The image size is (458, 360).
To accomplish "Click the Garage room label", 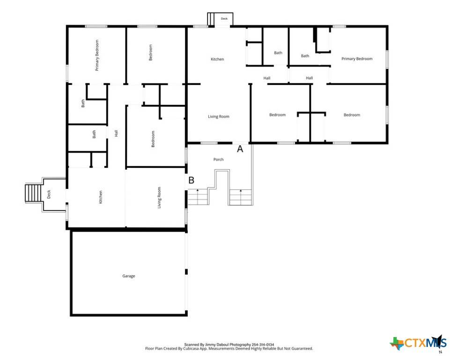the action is click(128, 276).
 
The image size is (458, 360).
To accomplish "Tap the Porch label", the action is click(219, 159).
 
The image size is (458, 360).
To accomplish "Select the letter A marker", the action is click(240, 149).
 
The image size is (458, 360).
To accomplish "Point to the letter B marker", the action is click(192, 180).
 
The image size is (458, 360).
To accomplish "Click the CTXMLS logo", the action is click(418, 343).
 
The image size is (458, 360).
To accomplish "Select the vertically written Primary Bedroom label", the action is click(97, 55).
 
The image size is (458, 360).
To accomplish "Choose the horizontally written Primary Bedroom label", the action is click(357, 59).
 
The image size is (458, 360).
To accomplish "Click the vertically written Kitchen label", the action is click(101, 197).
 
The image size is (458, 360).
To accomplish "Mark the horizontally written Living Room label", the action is click(219, 116).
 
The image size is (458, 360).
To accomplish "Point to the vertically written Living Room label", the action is click(159, 198).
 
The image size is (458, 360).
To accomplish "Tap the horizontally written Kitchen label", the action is click(217, 59).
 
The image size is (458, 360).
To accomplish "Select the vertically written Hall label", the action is click(116, 133).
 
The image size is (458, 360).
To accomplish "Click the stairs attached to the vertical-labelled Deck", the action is click(33, 193).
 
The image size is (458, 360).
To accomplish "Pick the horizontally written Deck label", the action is click(224, 19).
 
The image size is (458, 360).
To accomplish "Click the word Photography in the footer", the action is click(240, 345).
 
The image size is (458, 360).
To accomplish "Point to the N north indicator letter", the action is click(441, 352).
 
